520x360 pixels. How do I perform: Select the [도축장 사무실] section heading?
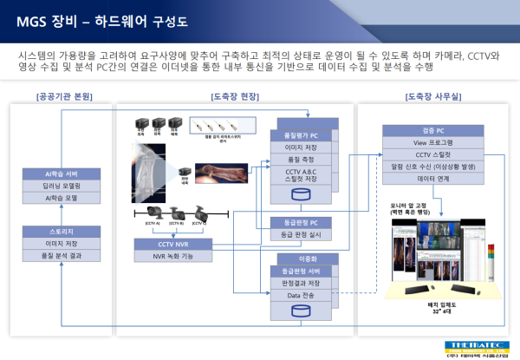click(433, 95)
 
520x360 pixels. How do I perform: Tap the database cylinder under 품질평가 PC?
click(302, 193)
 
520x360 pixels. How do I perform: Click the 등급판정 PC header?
click(302, 223)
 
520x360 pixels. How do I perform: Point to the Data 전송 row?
click(302, 296)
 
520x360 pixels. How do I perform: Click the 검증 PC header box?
click(432, 130)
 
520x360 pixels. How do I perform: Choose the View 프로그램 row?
click(432, 141)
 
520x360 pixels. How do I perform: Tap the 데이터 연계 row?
click(432, 176)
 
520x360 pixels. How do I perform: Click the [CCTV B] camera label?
click(176, 224)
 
